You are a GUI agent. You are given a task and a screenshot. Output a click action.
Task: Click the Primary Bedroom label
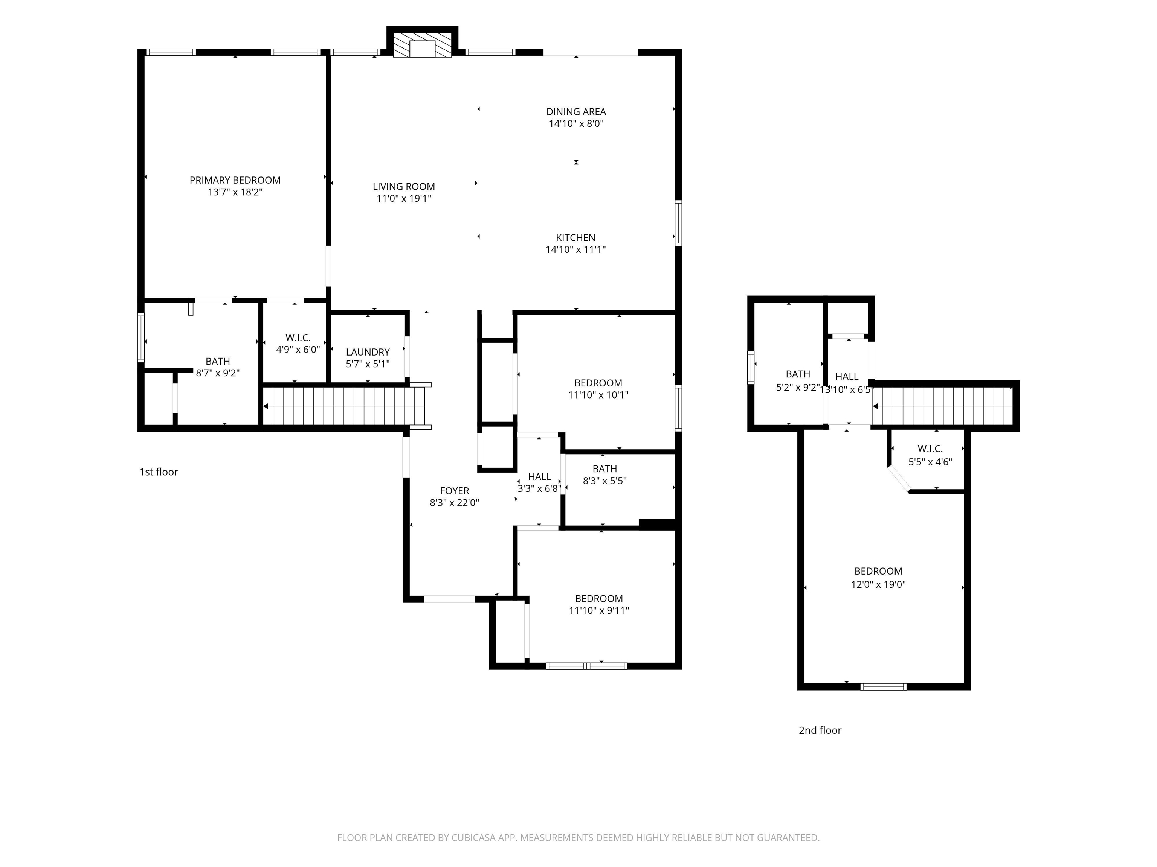point(235,180)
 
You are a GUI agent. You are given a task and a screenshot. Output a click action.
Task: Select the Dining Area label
point(576,112)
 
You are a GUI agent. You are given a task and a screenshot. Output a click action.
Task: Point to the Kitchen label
point(575,238)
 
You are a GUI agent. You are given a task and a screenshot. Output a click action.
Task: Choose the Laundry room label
point(368,352)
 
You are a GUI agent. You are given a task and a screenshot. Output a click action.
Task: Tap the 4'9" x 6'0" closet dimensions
point(298,350)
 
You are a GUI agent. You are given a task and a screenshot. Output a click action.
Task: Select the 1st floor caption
point(159,472)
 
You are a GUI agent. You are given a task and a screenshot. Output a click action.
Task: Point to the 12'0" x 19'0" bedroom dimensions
point(878,584)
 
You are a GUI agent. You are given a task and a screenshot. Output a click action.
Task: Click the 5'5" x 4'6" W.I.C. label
point(930,449)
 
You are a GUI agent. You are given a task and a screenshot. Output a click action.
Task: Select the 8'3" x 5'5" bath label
point(604,469)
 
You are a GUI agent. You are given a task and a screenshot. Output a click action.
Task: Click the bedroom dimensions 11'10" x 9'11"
point(599,610)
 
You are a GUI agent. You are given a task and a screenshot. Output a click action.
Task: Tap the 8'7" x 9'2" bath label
point(218,361)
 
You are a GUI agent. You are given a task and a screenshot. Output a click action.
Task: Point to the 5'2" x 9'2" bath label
point(798,374)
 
